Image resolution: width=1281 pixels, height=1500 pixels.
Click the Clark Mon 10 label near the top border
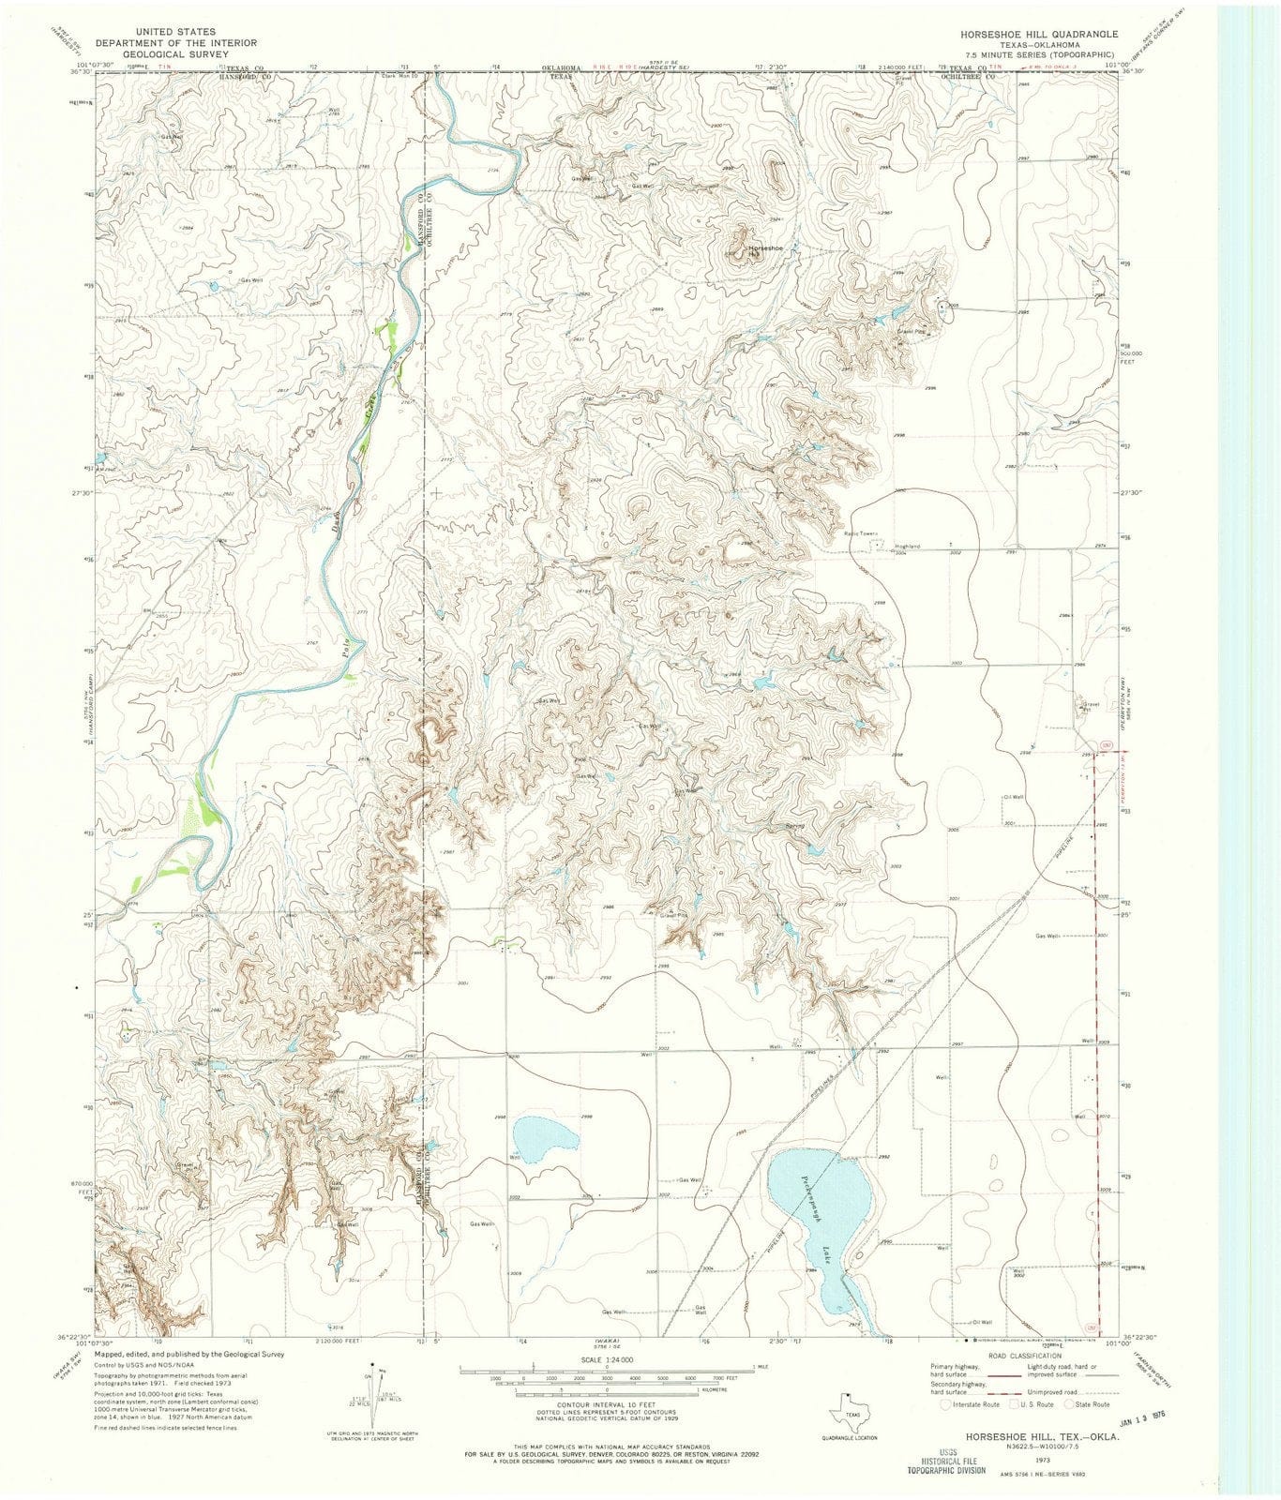[399, 77]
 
